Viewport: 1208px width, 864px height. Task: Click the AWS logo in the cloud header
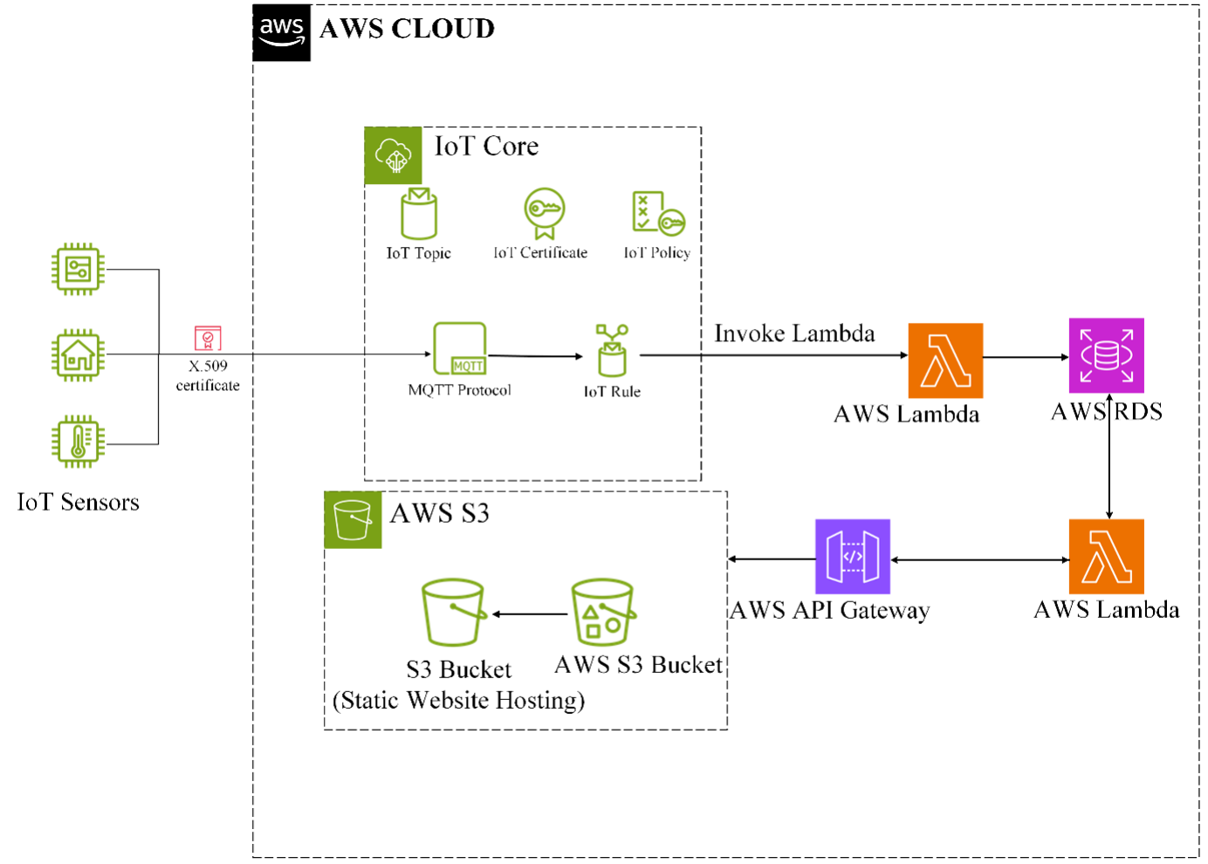(281, 32)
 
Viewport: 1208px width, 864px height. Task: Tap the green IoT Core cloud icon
(393, 155)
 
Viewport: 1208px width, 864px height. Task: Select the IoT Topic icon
(419, 214)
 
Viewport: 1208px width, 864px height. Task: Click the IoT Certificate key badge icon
(545, 213)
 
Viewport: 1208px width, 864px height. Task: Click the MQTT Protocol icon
(460, 349)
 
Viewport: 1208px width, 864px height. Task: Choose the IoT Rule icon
(612, 351)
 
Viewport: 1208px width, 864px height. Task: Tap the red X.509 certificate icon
(208, 338)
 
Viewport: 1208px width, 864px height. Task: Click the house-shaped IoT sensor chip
(78, 355)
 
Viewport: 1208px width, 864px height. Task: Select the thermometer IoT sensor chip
(78, 442)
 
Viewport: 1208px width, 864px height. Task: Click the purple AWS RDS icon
(1106, 356)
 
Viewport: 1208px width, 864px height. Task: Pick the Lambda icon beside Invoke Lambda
(945, 360)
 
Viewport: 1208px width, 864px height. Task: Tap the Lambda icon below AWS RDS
(1106, 557)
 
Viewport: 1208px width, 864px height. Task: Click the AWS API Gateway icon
(852, 557)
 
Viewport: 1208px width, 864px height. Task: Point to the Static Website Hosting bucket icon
(453, 613)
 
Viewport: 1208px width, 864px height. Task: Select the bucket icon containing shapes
(602, 612)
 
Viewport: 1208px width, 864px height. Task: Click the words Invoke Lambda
(794, 333)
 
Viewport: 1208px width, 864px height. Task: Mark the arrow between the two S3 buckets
(531, 614)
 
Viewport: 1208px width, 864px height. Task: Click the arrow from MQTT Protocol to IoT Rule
(535, 356)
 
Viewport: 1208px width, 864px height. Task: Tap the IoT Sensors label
(79, 503)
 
